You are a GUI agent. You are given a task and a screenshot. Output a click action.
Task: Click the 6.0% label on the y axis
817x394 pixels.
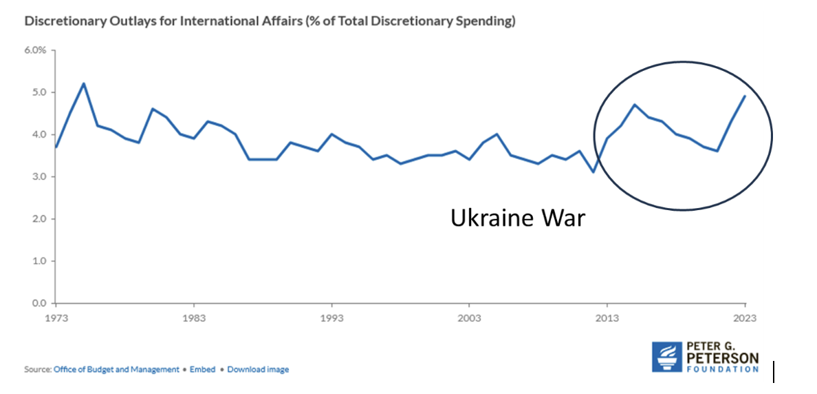coord(35,50)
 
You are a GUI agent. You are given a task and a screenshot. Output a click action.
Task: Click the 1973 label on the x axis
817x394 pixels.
coord(56,318)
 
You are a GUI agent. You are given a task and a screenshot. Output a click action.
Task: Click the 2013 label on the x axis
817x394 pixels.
coord(607,318)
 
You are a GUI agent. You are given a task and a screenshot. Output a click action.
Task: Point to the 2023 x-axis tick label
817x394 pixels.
coord(744,318)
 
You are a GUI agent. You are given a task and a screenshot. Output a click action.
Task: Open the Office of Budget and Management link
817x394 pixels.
coord(116,369)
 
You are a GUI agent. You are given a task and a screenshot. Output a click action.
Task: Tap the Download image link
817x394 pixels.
coord(258,369)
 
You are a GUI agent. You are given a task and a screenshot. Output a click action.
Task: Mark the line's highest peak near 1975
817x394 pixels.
coord(84,83)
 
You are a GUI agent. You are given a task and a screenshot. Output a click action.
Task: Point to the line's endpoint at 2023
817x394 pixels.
coord(745,96)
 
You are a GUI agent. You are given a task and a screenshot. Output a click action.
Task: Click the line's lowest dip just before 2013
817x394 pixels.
coord(593,172)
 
